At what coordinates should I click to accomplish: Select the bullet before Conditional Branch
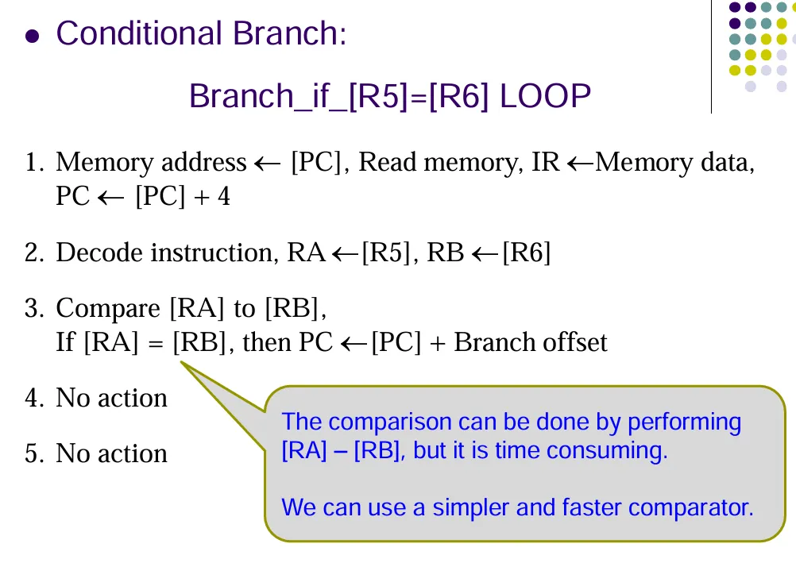pyautogui.click(x=32, y=37)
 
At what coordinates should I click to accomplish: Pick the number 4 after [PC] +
pyautogui.click(x=224, y=197)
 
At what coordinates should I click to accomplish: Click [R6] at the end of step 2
pyautogui.click(x=527, y=253)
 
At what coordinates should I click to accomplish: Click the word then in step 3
pyautogui.click(x=267, y=342)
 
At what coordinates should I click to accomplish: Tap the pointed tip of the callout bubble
pyautogui.click(x=182, y=363)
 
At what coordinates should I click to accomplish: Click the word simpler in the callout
pyautogui.click(x=469, y=507)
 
